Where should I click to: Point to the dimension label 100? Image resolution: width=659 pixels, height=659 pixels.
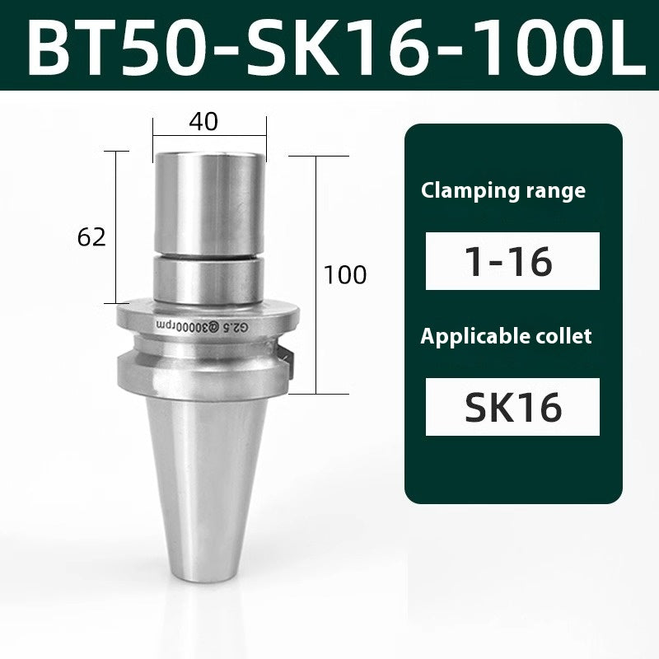345,274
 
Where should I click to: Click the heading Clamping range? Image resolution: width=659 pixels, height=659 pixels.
503,191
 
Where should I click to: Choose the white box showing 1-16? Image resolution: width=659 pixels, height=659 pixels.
512,261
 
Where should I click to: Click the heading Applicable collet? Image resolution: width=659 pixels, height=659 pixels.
507,336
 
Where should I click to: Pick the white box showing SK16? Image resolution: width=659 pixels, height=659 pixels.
512,406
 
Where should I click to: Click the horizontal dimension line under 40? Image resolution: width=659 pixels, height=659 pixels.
209,137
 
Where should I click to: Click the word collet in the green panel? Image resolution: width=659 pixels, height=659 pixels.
564,336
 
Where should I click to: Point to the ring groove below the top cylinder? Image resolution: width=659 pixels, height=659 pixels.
209,255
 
